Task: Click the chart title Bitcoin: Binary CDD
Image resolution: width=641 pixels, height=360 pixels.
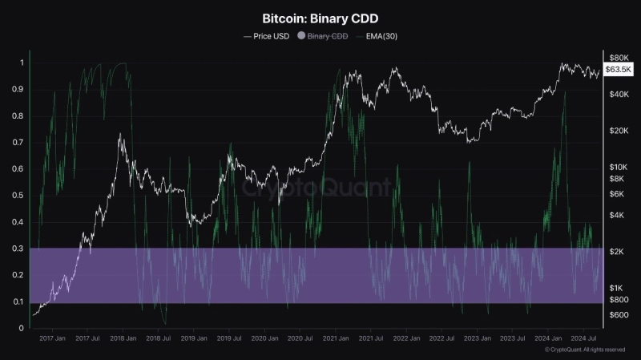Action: (x=320, y=17)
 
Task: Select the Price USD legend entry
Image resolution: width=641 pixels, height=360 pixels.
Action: (x=266, y=36)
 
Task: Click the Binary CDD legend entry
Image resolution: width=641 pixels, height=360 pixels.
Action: (x=323, y=36)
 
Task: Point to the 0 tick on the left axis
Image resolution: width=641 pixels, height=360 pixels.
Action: (x=22, y=328)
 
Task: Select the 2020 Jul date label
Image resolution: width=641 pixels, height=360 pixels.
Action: (x=300, y=340)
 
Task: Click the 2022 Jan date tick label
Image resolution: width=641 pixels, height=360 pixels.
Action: (x=405, y=340)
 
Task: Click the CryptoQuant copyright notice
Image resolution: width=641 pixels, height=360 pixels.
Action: (x=584, y=350)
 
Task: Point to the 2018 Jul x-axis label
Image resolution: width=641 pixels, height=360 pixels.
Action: (x=158, y=340)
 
